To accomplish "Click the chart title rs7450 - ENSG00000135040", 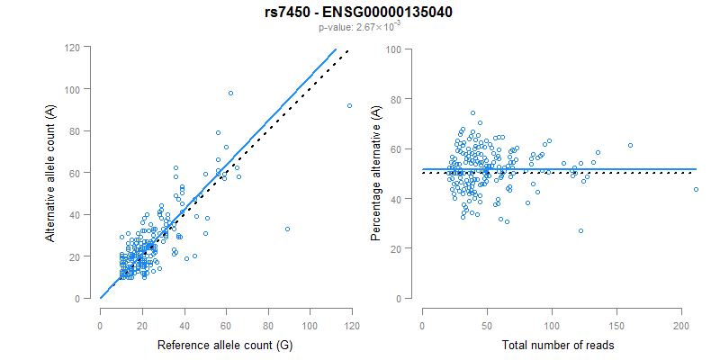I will (359, 13).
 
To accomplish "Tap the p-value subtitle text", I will (359, 28).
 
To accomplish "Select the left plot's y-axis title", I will (51, 172).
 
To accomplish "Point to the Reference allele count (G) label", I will (226, 346).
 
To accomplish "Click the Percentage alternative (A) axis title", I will (375, 172).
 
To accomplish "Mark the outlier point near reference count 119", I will (349, 106).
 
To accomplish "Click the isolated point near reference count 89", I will (287, 229).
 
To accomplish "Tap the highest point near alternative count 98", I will (230, 93).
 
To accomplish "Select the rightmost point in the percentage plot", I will (695, 189).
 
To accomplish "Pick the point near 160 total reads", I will (630, 145).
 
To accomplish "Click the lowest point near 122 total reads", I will (580, 230).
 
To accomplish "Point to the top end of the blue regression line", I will (336, 49).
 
